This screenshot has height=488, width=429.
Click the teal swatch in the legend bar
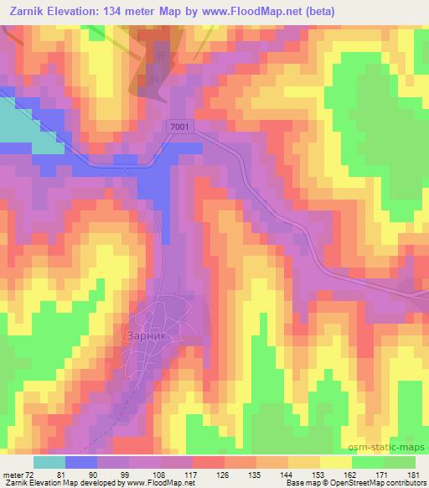tap(49, 463)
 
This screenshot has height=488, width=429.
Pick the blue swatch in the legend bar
tap(81, 463)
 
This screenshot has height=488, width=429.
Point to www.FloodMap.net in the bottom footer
tap(159, 482)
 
